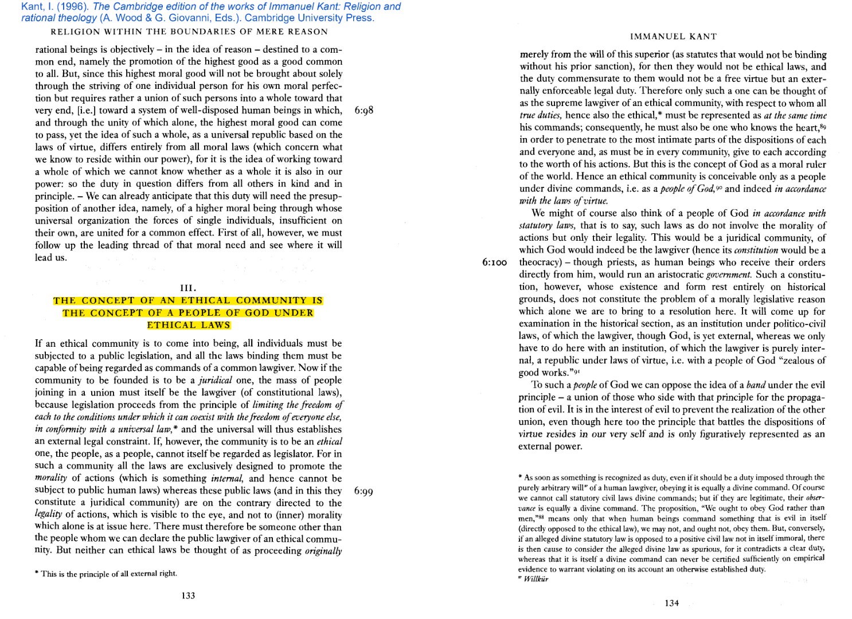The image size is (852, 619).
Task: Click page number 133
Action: (x=188, y=596)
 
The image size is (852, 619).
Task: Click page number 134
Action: (x=671, y=603)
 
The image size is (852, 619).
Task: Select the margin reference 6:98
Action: (x=364, y=110)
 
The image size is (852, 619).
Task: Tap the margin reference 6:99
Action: (x=364, y=491)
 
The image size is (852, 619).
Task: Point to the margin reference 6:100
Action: (x=494, y=263)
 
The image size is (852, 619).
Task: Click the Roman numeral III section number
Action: (x=188, y=288)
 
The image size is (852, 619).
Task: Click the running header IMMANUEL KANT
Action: (x=673, y=37)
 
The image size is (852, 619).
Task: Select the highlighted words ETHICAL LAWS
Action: (x=188, y=325)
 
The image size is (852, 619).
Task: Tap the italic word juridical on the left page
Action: (x=215, y=380)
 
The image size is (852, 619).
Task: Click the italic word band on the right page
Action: (x=755, y=385)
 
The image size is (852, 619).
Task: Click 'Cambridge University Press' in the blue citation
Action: (x=309, y=18)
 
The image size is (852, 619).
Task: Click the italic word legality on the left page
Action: (x=48, y=514)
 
